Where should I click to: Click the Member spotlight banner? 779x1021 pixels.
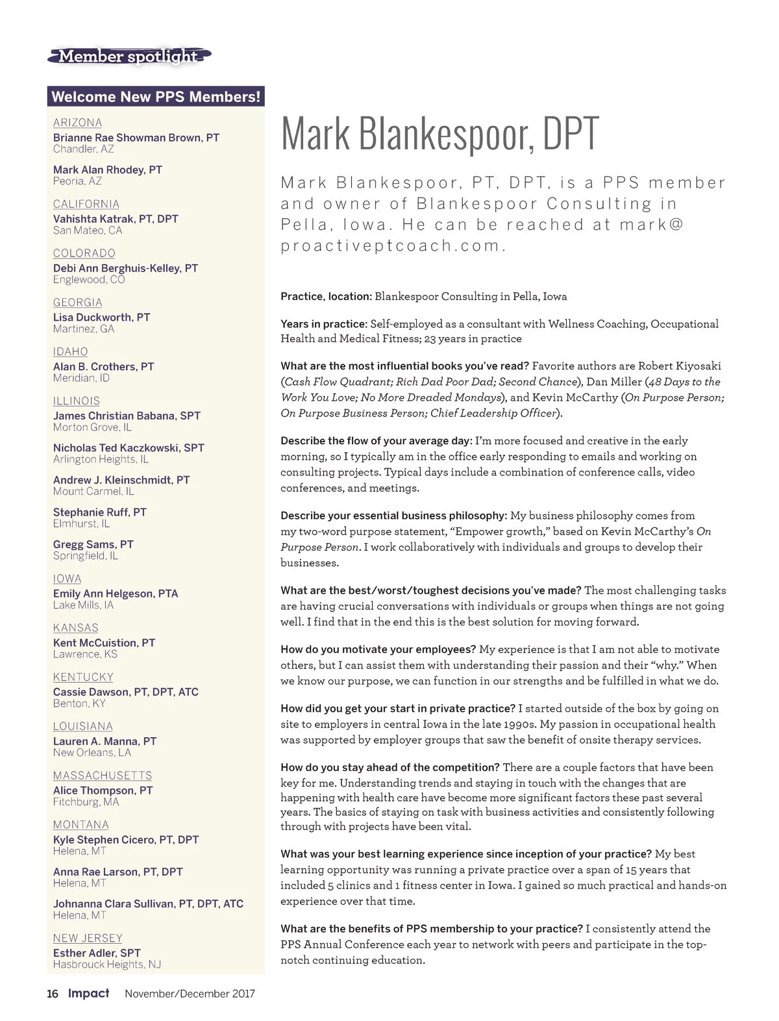point(129,57)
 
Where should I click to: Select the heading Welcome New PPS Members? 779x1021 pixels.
point(156,97)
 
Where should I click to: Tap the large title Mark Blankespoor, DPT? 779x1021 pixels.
point(439,134)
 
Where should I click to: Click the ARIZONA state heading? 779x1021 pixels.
point(77,123)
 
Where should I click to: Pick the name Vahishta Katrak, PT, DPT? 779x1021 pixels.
point(116,219)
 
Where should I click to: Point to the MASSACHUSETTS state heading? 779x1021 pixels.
point(103,775)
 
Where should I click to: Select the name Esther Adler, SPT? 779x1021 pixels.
point(97,953)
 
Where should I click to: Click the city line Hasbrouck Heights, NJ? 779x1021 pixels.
point(107,964)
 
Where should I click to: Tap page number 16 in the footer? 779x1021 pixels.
point(53,994)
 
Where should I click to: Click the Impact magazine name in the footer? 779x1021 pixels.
point(89,993)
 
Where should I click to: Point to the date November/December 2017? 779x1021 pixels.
point(190,994)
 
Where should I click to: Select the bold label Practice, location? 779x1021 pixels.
point(326,297)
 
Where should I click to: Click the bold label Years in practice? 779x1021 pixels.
point(324,324)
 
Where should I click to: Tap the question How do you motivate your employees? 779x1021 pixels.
point(378,649)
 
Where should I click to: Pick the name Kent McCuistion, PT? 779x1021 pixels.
point(104,643)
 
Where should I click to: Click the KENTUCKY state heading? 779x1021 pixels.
point(83,677)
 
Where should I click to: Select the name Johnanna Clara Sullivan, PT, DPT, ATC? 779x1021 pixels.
point(148,903)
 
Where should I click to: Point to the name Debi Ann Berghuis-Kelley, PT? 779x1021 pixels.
point(125,268)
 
